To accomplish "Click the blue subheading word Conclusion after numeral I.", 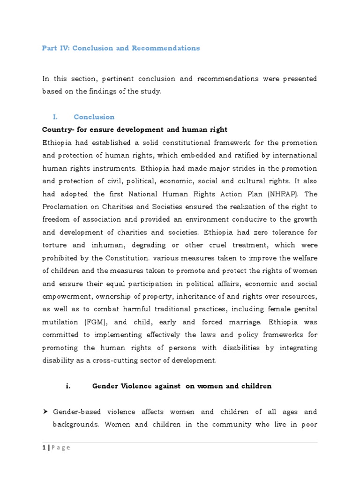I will tap(94, 117).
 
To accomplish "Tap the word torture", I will tap(54, 245).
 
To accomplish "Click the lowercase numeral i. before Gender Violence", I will tap(68, 386).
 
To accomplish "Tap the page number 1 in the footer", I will tap(44, 447).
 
